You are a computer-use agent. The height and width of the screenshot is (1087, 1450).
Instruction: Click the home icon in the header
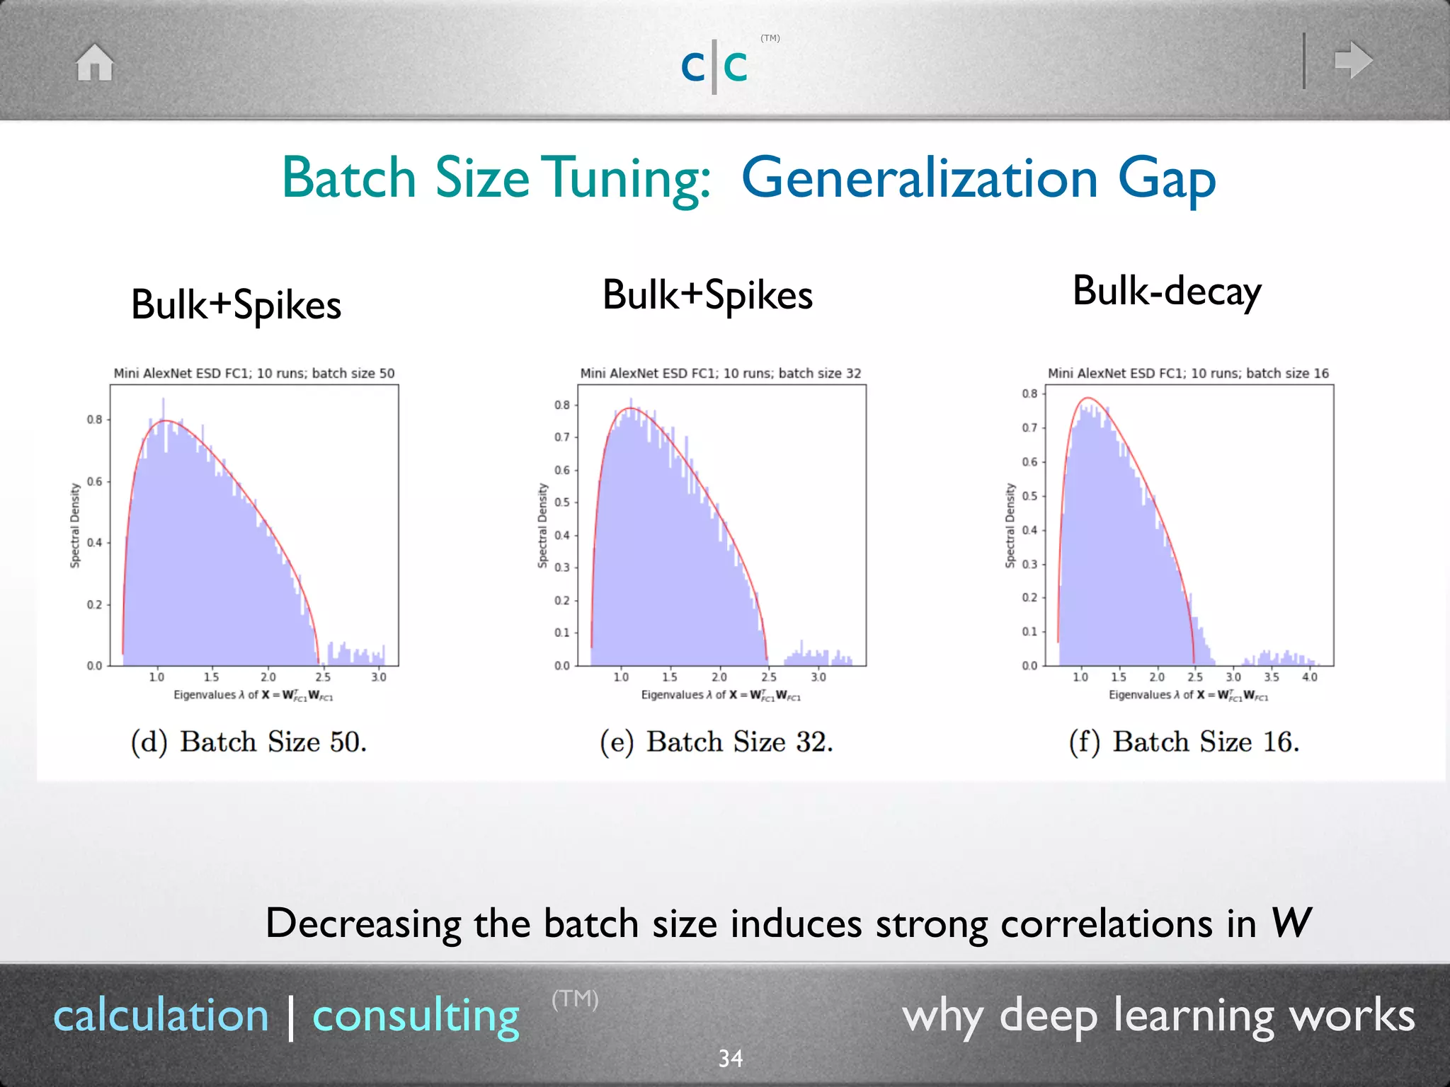pos(95,62)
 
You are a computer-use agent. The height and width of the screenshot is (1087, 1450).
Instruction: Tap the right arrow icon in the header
pos(1353,61)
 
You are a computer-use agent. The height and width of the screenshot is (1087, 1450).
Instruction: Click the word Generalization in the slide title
pos(920,178)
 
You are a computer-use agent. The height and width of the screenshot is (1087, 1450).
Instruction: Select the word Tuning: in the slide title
pos(629,178)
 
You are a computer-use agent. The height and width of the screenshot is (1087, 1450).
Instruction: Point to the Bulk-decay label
pos(1166,291)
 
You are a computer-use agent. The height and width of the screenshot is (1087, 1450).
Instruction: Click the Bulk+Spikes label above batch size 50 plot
pos(236,305)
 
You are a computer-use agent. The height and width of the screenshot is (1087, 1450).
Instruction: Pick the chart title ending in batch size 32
pos(720,373)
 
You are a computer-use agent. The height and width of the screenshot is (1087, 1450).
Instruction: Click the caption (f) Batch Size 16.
pos(1184,742)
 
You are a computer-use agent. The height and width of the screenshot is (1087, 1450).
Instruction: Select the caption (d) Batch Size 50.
pos(249,742)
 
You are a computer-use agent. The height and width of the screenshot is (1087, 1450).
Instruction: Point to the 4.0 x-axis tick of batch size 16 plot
pos(1309,677)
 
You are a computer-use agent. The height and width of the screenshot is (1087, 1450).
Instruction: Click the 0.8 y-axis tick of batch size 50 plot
pos(94,419)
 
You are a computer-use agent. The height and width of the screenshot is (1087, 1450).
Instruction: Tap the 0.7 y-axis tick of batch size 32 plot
pos(561,437)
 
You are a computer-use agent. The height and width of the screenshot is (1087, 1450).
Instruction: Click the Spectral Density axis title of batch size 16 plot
pos(1010,525)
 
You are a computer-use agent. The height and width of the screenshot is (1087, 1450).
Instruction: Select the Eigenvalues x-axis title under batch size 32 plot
pos(720,695)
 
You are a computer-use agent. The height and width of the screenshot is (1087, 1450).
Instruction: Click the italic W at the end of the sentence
pos(1290,923)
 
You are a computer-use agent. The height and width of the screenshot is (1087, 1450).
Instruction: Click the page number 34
pos(730,1058)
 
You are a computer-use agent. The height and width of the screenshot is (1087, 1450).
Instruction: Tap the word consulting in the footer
pos(416,1016)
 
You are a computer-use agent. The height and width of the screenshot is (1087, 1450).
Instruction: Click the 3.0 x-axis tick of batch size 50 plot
pos(379,677)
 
